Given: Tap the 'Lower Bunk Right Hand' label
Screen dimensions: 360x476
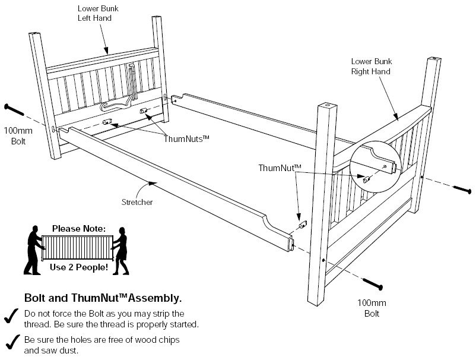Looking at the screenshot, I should (372, 66).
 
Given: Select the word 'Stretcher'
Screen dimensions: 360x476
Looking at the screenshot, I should (138, 202).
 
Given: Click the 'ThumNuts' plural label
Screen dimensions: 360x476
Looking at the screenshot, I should (186, 138).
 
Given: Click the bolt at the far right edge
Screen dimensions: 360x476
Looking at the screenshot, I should (462, 190).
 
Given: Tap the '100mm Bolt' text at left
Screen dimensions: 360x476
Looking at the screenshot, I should (14, 135).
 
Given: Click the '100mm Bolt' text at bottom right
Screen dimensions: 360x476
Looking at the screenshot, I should (372, 308).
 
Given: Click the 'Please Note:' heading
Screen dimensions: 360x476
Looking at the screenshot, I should (78, 228).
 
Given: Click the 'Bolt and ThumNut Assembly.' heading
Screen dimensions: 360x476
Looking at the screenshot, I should (103, 298).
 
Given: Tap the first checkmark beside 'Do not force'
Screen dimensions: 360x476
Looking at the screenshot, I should (10, 317).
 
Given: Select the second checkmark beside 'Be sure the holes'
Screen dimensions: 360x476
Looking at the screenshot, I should (10, 342).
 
